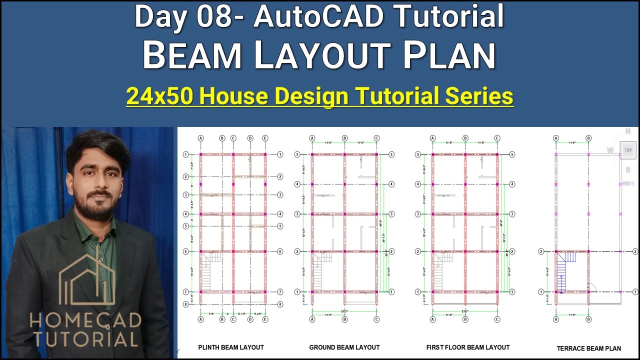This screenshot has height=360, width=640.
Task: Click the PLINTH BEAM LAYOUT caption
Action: [231, 347]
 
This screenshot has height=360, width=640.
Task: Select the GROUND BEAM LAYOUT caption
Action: [344, 347]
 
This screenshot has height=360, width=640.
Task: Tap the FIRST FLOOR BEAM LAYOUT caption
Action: [468, 347]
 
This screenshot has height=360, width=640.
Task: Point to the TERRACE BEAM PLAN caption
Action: [589, 348]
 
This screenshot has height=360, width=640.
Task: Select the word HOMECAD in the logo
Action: [85, 320]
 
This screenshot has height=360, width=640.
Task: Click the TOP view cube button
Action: [628, 150]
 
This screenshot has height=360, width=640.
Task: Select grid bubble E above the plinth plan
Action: [265, 138]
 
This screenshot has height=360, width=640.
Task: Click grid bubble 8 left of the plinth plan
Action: [185, 304]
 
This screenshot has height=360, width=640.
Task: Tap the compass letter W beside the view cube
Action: [610, 150]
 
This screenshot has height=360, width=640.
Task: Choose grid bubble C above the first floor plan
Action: [497, 138]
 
